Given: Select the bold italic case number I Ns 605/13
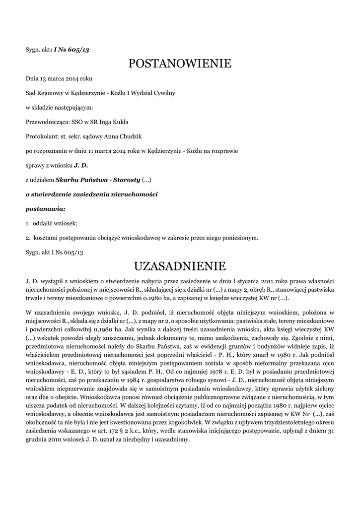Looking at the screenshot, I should (x=72, y=50).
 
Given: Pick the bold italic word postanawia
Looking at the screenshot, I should (x=45, y=208).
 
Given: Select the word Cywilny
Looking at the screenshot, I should (x=164, y=93).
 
